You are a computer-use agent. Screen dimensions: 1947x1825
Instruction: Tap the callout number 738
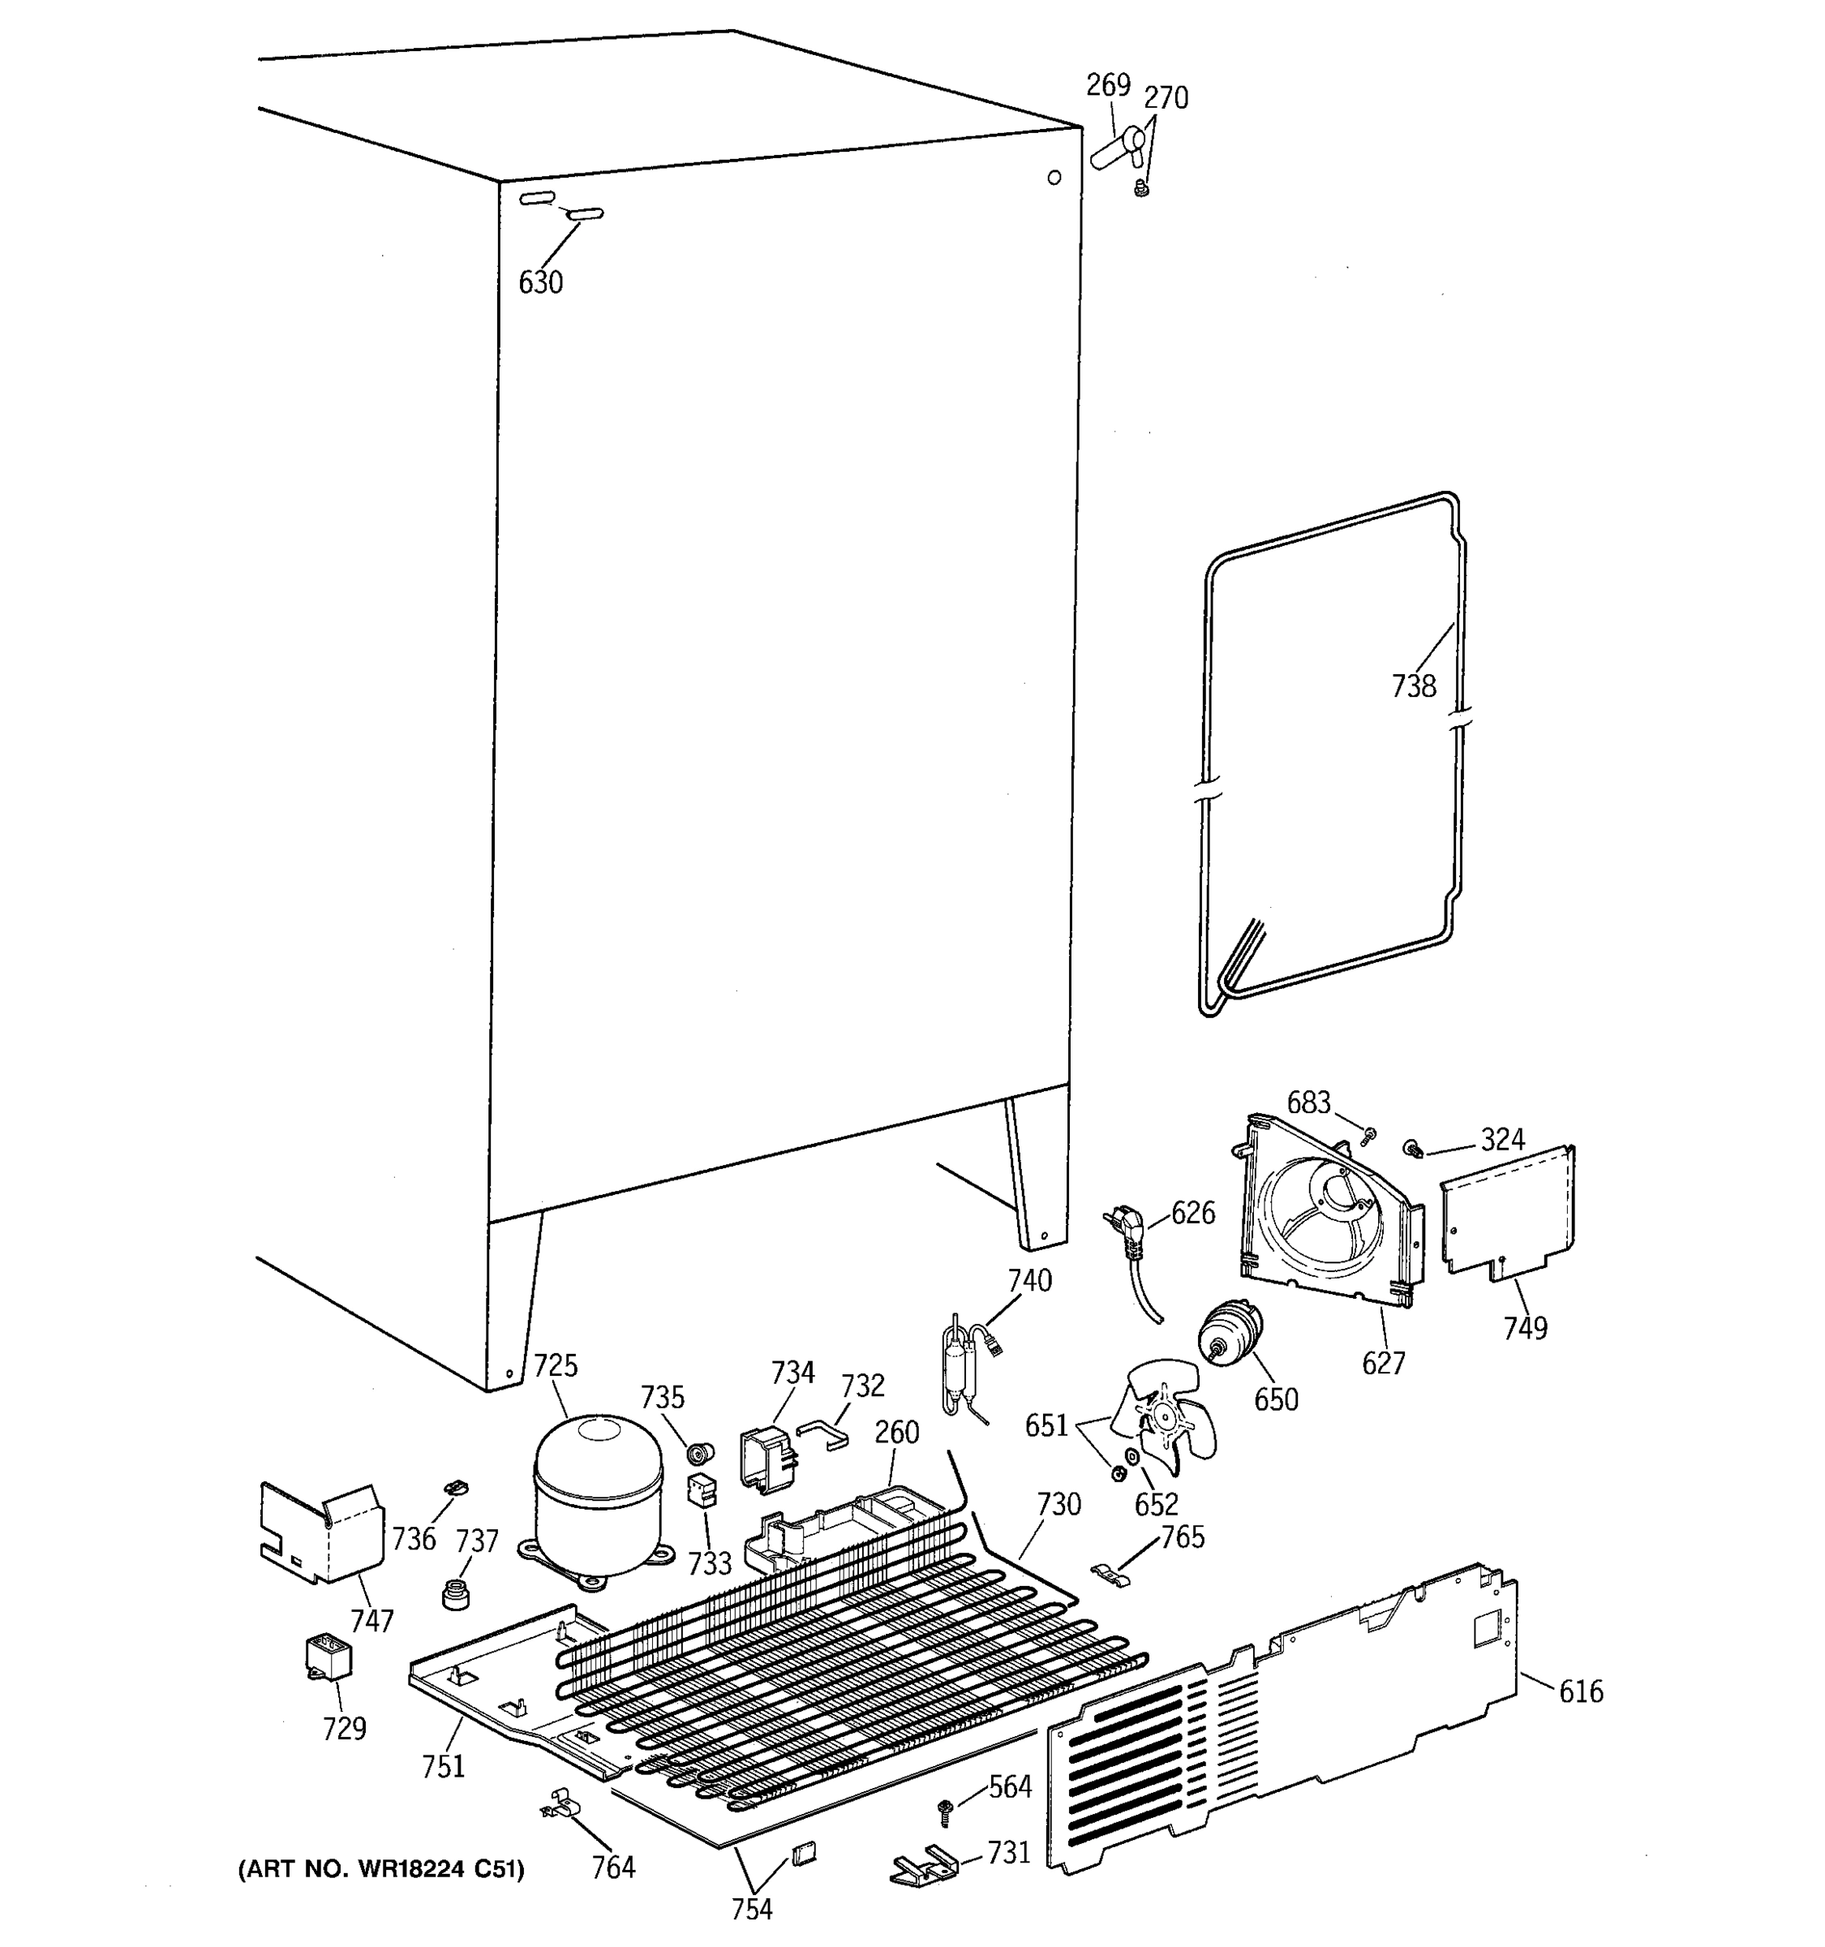click(x=1414, y=686)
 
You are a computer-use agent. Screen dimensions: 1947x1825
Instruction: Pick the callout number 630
click(x=540, y=283)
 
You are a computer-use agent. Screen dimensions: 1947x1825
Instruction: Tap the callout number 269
click(x=1108, y=86)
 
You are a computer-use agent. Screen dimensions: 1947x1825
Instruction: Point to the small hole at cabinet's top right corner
click(x=1054, y=178)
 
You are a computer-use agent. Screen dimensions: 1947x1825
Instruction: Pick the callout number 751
click(x=443, y=1767)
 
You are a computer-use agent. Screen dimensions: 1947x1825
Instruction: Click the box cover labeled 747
click(x=321, y=1532)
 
